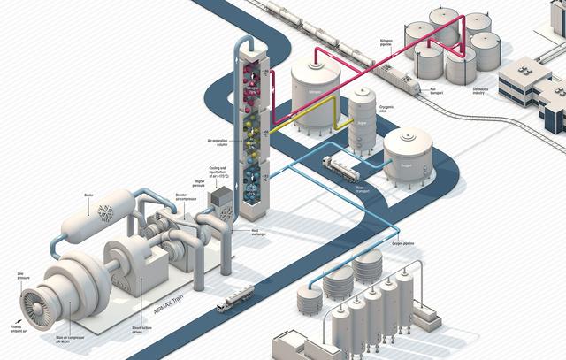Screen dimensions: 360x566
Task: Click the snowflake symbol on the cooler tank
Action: [103, 214]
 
